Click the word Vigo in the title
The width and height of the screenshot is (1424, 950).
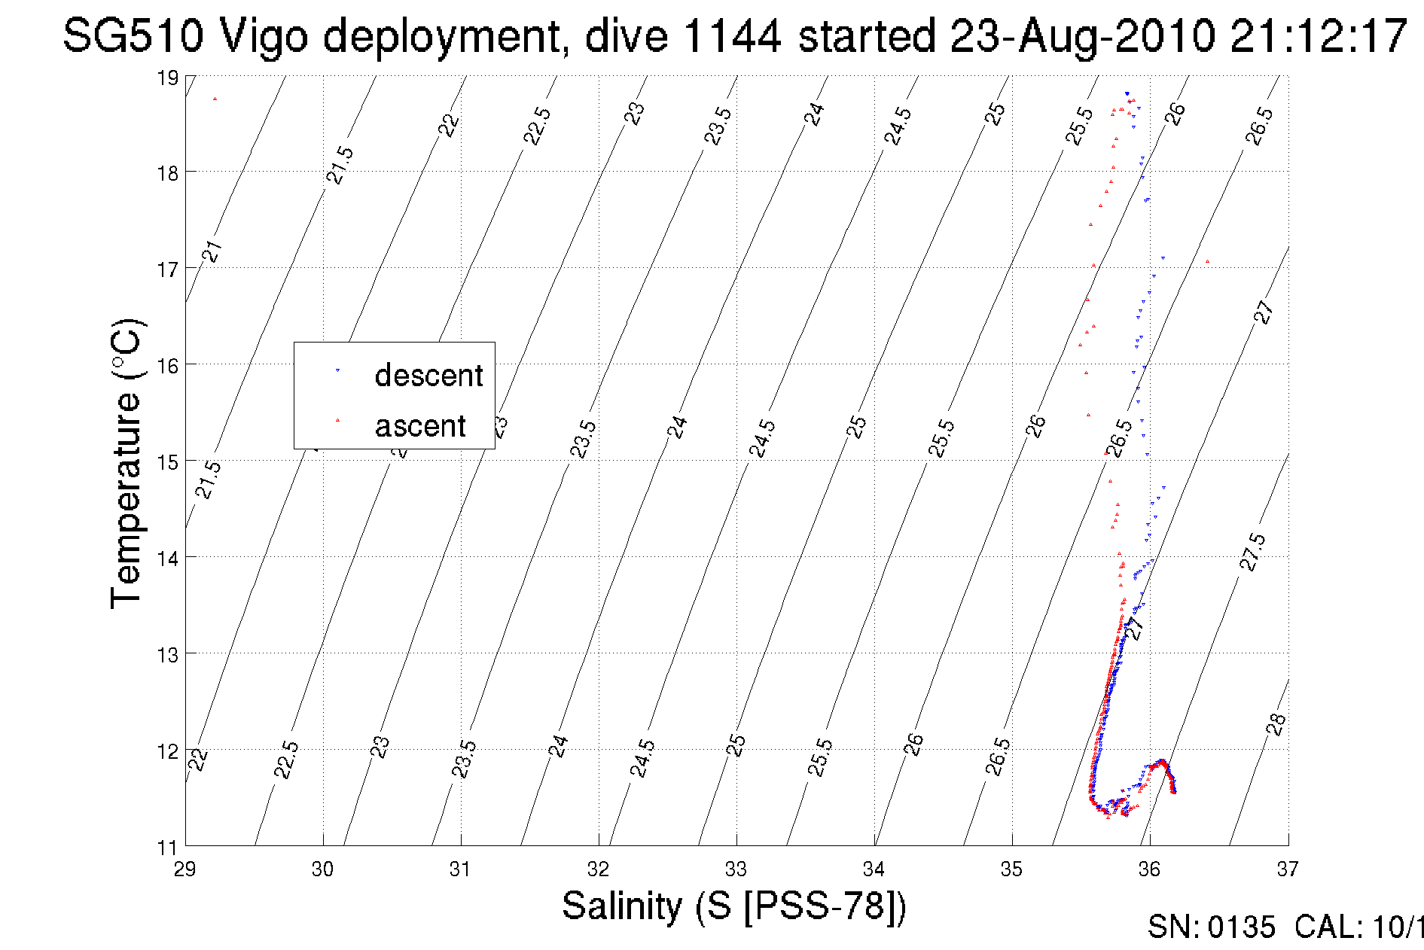tap(263, 36)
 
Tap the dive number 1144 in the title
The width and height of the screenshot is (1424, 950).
tap(731, 36)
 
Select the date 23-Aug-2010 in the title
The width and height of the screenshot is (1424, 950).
tap(1082, 36)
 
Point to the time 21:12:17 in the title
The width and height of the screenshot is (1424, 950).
tap(1318, 36)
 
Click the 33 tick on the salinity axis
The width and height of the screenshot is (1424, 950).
tap(736, 869)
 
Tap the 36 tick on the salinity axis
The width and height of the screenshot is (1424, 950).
tap(1149, 869)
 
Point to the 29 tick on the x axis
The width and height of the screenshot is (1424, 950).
tap(185, 869)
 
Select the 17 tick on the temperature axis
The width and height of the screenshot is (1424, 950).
tap(167, 269)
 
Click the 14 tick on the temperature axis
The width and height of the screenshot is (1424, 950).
tap(167, 558)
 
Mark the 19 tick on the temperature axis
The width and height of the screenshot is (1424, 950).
tap(167, 78)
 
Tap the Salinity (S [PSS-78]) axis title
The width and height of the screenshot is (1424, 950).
tap(734, 906)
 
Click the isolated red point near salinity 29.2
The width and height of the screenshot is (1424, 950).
tap(215, 99)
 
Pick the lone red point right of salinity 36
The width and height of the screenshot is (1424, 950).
tap(1207, 262)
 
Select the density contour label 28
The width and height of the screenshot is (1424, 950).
tap(1276, 725)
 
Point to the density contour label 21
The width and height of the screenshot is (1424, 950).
tap(213, 251)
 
